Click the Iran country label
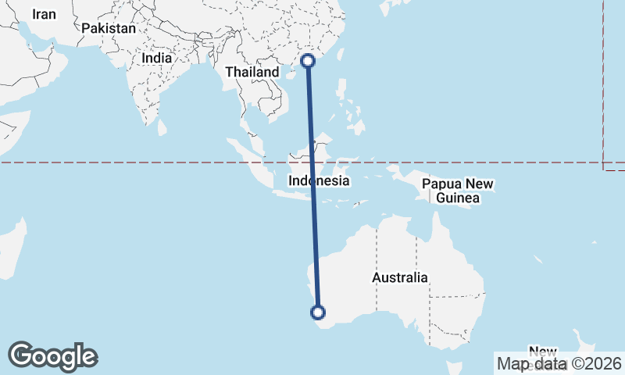click(45, 14)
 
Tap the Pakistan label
click(109, 28)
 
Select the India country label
click(157, 57)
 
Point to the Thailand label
click(252, 72)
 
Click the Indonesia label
click(318, 180)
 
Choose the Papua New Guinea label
click(458, 191)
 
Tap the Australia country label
click(400, 277)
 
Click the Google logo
click(52, 356)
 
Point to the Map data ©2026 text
click(559, 363)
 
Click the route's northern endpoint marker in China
click(308, 60)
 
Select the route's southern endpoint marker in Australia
click(318, 312)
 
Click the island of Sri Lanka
click(162, 127)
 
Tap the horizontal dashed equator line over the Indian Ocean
click(117, 162)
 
